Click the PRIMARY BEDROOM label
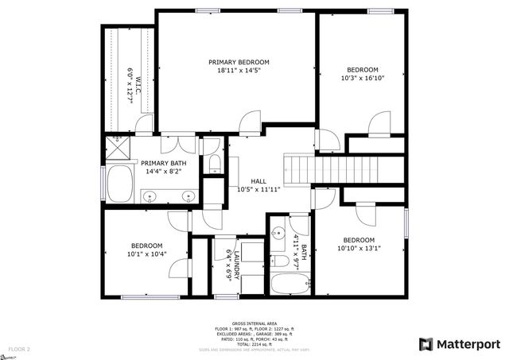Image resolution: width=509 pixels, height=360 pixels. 239,62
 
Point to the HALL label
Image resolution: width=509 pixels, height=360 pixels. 258,180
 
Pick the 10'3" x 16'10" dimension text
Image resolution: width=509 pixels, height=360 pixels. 362,78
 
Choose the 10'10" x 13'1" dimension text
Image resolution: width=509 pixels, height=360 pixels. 359,248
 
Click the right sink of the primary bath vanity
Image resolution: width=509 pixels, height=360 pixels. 188,195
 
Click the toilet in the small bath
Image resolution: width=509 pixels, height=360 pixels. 280,261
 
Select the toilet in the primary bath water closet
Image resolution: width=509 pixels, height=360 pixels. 214,165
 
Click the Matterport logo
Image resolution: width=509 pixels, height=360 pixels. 460,344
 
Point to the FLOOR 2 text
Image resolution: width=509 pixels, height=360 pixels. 19,349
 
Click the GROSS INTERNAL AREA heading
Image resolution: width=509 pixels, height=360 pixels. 254,323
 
